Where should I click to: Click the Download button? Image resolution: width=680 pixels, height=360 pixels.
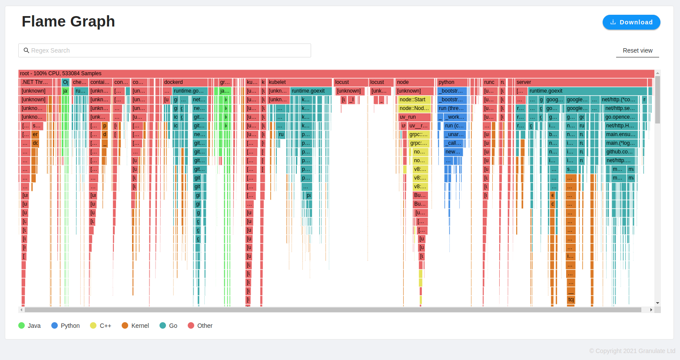tap(631, 22)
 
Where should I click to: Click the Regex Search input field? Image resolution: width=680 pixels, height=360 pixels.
tap(164, 50)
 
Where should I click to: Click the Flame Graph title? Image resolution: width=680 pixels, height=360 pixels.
tap(68, 21)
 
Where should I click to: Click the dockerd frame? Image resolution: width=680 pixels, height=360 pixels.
tap(185, 82)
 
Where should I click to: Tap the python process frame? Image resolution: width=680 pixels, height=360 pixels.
tap(452, 82)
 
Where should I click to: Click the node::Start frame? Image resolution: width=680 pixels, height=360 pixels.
tap(414, 100)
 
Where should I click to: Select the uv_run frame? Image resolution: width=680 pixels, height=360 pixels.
tap(414, 117)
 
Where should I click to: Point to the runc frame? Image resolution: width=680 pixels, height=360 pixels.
tap(490, 82)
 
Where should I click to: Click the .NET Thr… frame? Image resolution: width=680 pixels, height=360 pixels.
tap(36, 82)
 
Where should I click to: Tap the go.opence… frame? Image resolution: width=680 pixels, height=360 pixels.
tap(620, 117)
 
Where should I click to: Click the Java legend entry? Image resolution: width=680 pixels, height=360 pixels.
tap(30, 326)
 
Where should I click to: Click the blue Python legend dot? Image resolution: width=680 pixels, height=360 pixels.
tap(54, 326)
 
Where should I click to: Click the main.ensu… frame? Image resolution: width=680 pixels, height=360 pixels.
tap(620, 134)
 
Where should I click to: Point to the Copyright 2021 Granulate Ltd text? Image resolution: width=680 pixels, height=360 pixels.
tap(632, 351)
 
